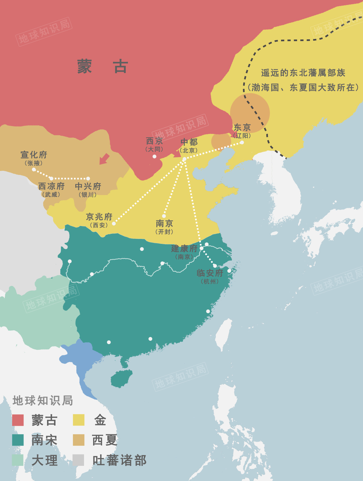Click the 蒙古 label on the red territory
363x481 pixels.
103,66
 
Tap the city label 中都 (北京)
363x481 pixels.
189,145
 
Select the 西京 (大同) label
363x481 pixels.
154,144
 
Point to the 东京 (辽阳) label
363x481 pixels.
242,131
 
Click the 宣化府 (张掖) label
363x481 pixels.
34,158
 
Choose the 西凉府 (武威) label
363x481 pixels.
51,189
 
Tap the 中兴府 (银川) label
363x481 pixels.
88,189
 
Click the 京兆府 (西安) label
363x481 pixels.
99,220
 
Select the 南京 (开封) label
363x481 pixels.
164,227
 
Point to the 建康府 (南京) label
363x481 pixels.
184,252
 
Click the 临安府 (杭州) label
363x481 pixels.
210,276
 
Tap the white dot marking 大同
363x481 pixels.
155,156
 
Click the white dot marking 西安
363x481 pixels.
114,223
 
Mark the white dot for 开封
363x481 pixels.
164,216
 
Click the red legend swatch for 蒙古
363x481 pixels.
18,420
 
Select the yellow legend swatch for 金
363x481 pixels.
79,420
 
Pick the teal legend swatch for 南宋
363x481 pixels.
18,440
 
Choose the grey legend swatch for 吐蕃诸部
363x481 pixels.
79,460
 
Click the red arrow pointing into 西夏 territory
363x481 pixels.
105,159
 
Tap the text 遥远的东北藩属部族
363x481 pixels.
303,73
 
